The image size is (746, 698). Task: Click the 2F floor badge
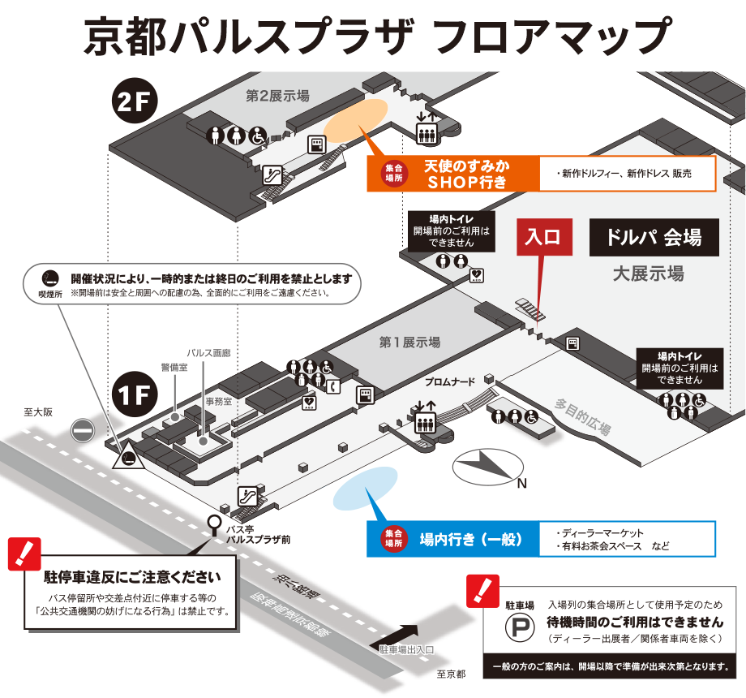[135, 101]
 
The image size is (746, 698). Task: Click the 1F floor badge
[135, 394]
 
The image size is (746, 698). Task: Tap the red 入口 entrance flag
[544, 237]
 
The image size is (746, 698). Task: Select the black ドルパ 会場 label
[654, 237]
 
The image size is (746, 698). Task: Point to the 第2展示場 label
[278, 96]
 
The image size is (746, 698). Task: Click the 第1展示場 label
[409, 342]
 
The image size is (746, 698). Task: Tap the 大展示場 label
[649, 274]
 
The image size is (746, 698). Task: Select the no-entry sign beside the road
[83, 431]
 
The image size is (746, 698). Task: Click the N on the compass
[522, 483]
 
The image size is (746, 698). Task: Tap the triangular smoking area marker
[128, 455]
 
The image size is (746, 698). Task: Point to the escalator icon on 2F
[272, 175]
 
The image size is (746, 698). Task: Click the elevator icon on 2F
[427, 133]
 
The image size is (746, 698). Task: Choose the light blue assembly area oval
[365, 488]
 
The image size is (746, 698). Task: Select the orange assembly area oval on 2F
[355, 121]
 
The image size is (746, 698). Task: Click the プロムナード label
[450, 381]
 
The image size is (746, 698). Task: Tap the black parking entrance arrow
[395, 636]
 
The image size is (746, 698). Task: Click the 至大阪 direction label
[38, 411]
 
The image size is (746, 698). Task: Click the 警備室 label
[174, 367]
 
